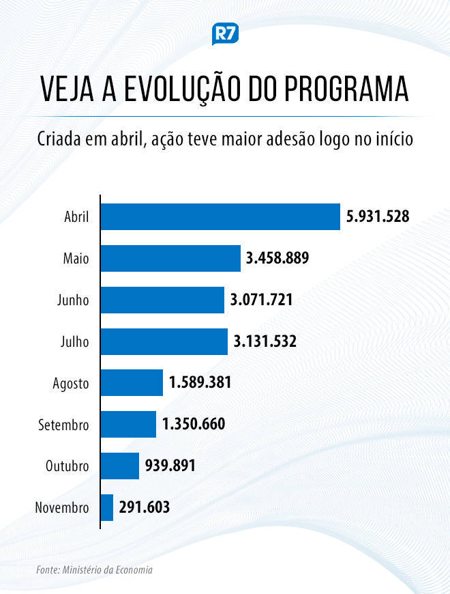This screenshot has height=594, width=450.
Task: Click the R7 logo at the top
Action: (225, 34)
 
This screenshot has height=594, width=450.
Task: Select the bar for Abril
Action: (220, 217)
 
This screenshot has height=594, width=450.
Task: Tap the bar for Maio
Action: (170, 259)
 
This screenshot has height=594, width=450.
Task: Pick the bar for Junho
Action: (162, 300)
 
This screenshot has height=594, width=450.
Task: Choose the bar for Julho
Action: (164, 341)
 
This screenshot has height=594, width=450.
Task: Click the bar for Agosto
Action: (132, 382)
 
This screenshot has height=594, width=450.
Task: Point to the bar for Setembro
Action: (129, 424)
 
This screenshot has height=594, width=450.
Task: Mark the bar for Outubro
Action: (120, 466)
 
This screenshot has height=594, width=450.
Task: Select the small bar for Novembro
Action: (107, 507)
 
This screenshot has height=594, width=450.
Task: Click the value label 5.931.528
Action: (378, 217)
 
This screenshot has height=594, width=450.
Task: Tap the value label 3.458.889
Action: (278, 259)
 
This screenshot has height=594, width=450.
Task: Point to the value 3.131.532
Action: (265, 341)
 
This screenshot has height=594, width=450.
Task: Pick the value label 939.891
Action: (170, 466)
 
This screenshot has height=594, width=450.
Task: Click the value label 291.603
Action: (145, 507)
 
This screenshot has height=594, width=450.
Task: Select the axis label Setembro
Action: (63, 425)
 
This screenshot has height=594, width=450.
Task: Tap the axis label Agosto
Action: (71, 383)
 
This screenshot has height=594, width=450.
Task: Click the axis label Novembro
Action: (61, 508)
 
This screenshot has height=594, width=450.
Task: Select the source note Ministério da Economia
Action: (110, 569)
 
